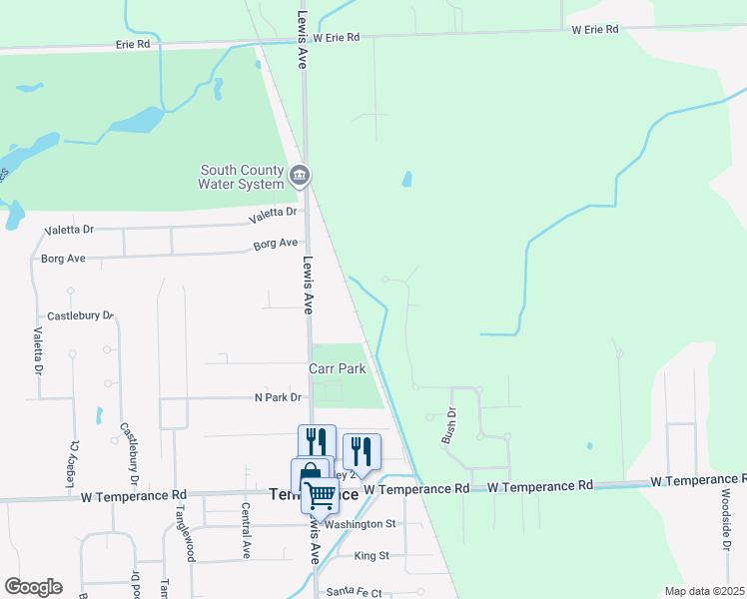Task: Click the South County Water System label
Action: pyautogui.click(x=240, y=177)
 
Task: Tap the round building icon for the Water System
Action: pyautogui.click(x=299, y=177)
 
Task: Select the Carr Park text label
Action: pyautogui.click(x=338, y=368)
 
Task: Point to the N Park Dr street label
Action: pyautogui.click(x=278, y=397)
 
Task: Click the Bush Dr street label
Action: pyautogui.click(x=449, y=425)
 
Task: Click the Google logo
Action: pyautogui.click(x=33, y=587)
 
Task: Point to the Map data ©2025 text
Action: pyautogui.click(x=704, y=591)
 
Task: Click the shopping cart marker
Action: pyautogui.click(x=320, y=494)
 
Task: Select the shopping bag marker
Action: pyautogui.click(x=310, y=475)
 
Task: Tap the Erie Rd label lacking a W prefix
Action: pyautogui.click(x=132, y=45)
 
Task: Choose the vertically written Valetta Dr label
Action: pyautogui.click(x=39, y=351)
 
